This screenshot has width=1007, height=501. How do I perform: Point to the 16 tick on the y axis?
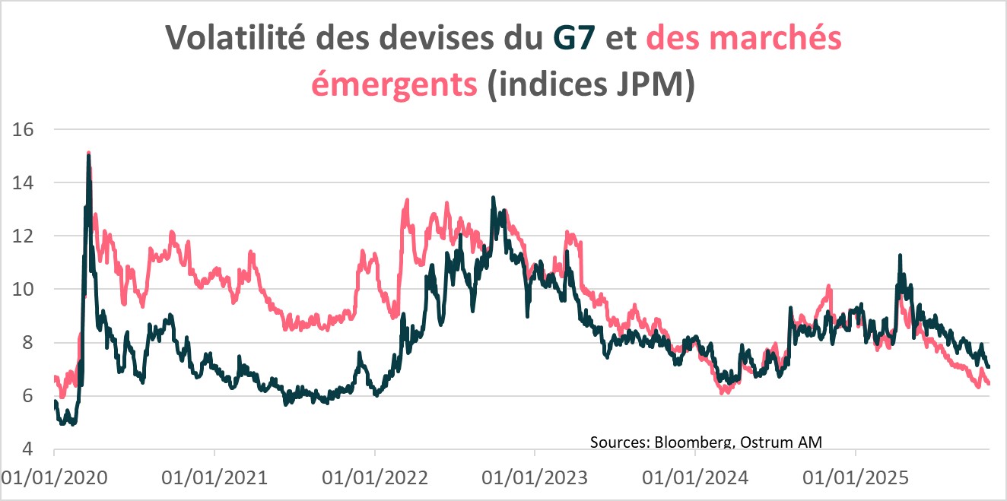pos(24,129)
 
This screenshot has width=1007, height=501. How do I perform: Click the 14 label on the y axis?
pos(24,182)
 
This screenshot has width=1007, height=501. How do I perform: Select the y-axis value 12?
pos(24,236)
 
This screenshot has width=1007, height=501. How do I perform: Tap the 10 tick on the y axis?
pos(24,289)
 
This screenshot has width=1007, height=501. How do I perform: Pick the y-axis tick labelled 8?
pos(29,343)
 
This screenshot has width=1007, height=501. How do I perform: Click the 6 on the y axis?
pos(29,396)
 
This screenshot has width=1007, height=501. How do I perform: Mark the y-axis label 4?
pos(29,449)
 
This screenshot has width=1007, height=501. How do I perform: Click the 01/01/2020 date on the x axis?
pos(55,478)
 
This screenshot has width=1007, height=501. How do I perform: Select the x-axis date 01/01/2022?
pos(376,478)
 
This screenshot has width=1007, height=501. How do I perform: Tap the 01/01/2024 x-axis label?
pos(696,478)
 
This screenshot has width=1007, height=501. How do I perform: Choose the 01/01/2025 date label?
pos(856,478)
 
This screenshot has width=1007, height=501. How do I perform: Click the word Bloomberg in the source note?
pos(689,442)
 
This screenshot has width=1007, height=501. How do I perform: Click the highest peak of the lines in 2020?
pos(89,154)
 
